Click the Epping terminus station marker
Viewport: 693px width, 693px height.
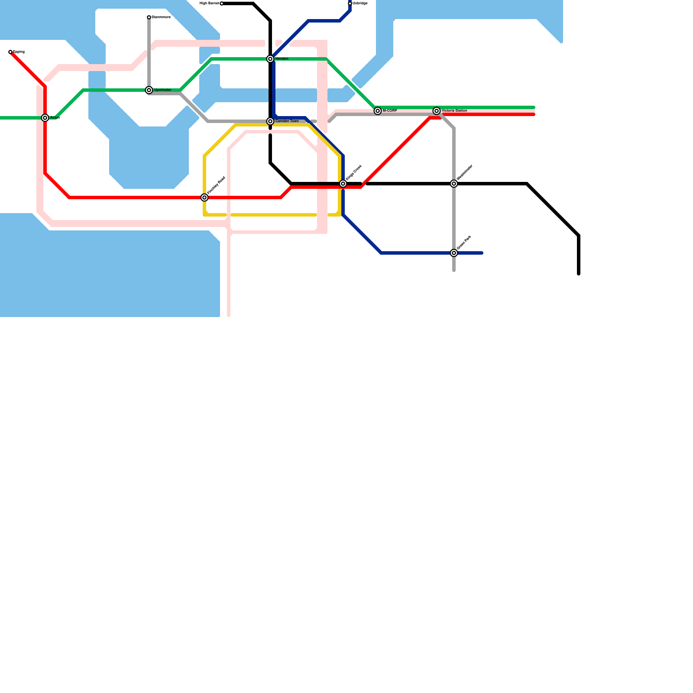click(10, 52)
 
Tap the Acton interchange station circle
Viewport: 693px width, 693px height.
click(45, 118)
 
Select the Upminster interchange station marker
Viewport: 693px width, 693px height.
click(149, 90)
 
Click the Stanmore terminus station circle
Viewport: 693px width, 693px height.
click(149, 17)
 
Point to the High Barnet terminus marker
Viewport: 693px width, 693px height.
click(222, 3)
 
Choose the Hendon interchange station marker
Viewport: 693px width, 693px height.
click(270, 59)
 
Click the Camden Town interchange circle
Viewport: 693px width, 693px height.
click(270, 121)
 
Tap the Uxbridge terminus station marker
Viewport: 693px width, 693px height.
click(350, 3)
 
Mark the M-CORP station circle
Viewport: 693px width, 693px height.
click(378, 111)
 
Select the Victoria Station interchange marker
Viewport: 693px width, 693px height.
click(437, 111)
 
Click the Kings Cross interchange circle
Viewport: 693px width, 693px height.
click(343, 184)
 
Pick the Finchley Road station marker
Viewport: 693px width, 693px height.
click(204, 198)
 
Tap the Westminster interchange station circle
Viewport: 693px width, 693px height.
click(454, 184)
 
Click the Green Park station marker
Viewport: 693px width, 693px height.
click(454, 253)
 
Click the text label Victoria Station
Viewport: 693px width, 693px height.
click(454, 111)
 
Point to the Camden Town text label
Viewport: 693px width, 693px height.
click(287, 121)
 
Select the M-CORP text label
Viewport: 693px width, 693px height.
click(390, 111)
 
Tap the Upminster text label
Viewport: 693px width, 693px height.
click(162, 90)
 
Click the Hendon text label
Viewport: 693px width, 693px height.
click(282, 59)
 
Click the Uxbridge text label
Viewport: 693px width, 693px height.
click(360, 3)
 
